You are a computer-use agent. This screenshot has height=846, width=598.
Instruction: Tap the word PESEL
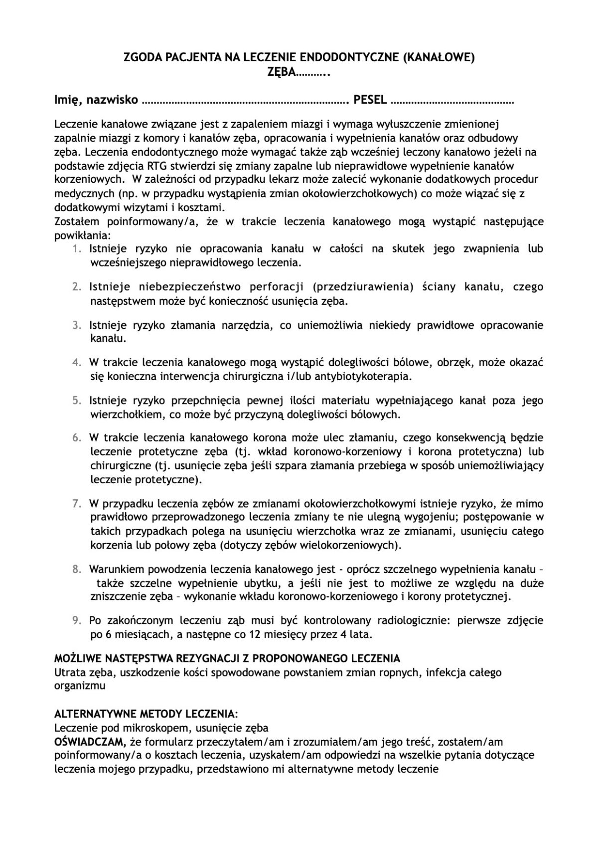click(x=370, y=100)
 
